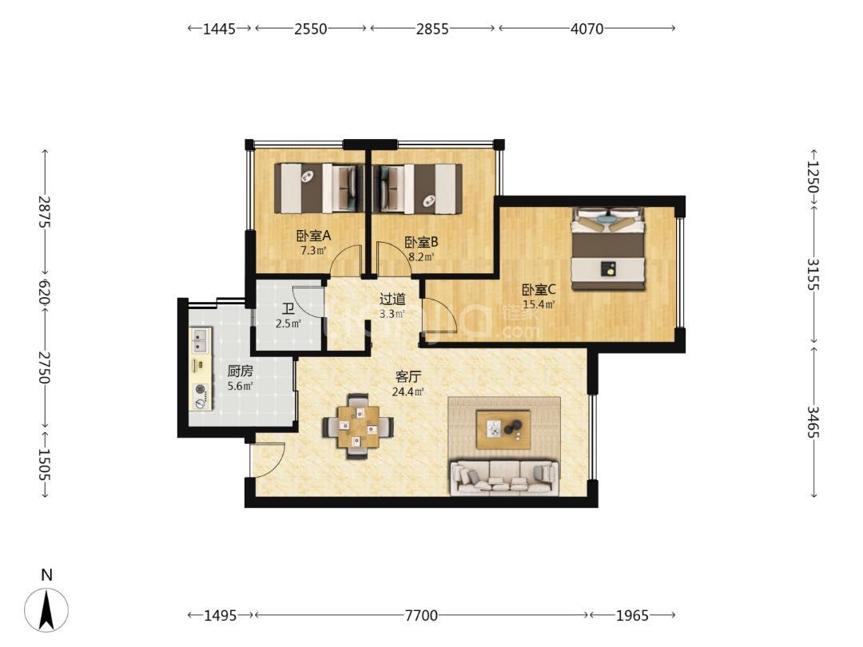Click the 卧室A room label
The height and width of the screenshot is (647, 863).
314,236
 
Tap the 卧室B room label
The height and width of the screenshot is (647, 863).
421,242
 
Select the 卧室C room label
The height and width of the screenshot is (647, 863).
539,289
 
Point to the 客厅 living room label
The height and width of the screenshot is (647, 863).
408,377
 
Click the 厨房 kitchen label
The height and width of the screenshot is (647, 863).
240,371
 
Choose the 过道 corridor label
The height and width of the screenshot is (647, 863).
392,300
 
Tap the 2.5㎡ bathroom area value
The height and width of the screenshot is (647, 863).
288,323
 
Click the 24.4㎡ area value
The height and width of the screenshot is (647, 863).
408,391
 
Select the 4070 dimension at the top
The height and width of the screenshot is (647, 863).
587,29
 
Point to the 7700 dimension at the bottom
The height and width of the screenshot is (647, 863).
422,615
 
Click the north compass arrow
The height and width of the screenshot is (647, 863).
47,609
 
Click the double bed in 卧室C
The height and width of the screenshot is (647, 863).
607,248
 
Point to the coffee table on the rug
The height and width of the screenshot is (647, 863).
503,430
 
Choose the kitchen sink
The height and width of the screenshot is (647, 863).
200,340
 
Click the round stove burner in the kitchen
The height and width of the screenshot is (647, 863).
201,390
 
